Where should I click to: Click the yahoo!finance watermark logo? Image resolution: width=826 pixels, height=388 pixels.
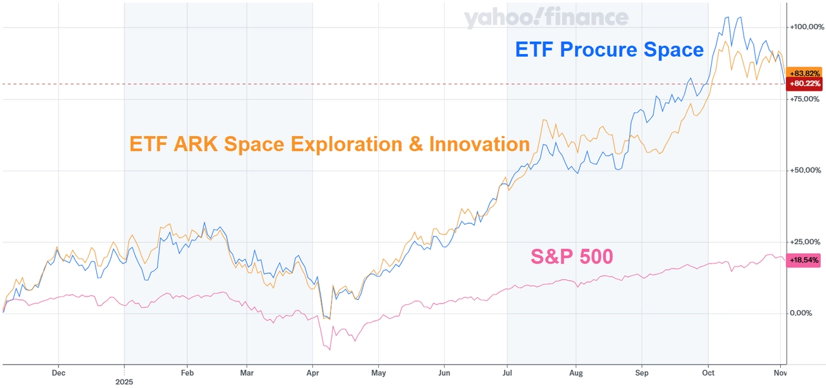pos(546,18)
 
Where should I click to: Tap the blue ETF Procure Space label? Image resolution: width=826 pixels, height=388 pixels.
pos(609,50)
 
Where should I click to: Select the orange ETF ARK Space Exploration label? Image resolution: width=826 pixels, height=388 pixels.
pos(330,144)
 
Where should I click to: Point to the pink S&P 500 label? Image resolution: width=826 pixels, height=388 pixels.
pos(571,257)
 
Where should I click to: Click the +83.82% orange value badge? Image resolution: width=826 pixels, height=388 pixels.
pos(804,73)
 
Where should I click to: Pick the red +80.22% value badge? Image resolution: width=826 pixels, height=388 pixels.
pos(804,83)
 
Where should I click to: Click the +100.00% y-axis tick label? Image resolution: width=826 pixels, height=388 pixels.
pos(807,27)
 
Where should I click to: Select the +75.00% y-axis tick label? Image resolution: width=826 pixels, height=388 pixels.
pos(807,99)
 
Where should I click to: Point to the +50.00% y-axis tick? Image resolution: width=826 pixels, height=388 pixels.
pos(807,170)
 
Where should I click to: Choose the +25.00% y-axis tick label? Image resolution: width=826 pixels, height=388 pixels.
pos(807,242)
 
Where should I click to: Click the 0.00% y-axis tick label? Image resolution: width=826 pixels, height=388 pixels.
pos(807,313)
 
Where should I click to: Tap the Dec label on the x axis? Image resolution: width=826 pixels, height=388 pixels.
pos(58,373)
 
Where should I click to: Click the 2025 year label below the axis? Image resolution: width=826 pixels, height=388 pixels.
pos(123,381)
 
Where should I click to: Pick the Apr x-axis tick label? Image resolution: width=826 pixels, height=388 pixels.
pos(313,373)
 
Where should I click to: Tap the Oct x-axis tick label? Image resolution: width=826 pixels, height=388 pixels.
pos(709,373)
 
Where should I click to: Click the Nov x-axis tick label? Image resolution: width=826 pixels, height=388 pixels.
pos(780,373)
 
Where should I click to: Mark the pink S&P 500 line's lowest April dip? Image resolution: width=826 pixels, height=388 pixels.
pos(330,350)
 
